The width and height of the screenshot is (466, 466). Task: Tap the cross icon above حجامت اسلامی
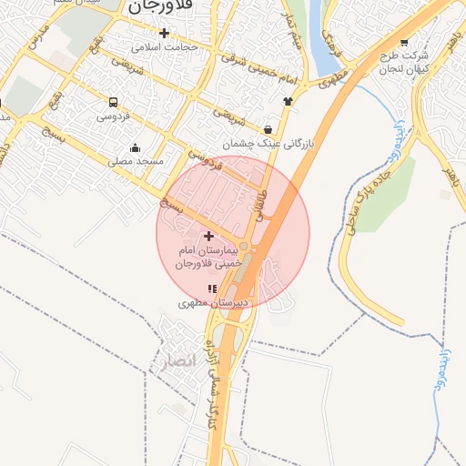(164, 33)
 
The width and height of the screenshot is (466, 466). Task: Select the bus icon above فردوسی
(113, 103)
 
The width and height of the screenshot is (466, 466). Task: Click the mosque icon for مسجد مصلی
(136, 148)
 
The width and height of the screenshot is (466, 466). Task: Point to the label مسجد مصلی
(136, 161)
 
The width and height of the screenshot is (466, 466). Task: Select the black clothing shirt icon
(289, 101)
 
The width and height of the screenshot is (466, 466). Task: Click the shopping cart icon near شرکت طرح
(404, 43)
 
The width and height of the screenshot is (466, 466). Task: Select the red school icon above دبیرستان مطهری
(212, 289)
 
